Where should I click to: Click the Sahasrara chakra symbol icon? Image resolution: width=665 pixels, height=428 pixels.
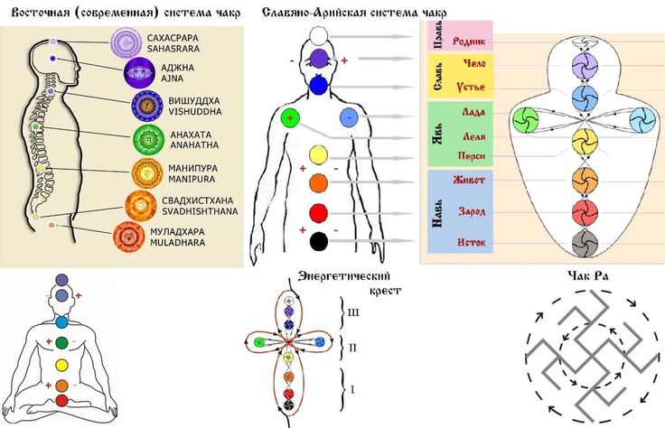(126, 42)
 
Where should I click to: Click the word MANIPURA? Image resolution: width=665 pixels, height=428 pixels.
(189, 180)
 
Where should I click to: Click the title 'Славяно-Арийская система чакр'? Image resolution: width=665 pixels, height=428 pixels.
(354, 12)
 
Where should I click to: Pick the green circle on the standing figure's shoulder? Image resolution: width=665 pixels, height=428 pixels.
(290, 117)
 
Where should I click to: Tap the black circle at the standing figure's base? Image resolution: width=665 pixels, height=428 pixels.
(318, 241)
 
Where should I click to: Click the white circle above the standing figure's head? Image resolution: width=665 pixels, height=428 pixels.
(318, 35)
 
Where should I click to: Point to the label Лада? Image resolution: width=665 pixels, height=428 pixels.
(473, 113)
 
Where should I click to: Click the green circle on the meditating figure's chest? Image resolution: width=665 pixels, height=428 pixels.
(61, 343)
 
